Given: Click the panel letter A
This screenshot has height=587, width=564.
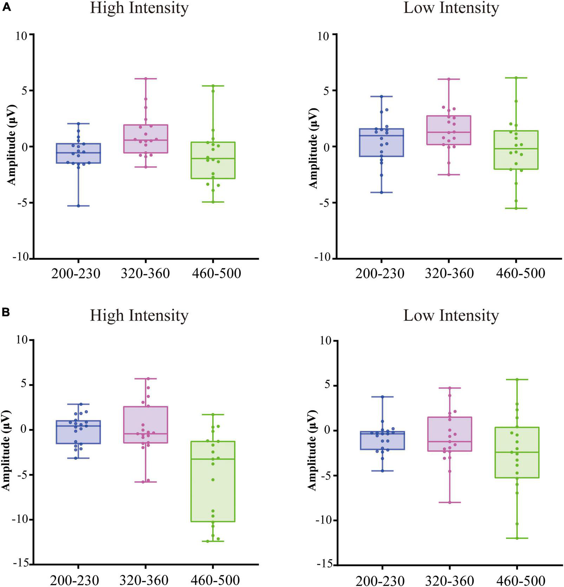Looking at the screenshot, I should pyautogui.click(x=7, y=8).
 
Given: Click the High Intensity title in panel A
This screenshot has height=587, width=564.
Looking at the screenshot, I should pyautogui.click(x=139, y=8).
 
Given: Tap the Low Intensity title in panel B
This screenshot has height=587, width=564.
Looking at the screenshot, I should pyautogui.click(x=451, y=315).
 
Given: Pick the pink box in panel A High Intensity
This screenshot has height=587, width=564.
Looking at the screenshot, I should pyautogui.click(x=145, y=139).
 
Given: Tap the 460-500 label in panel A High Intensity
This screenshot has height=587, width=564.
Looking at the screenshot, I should pyautogui.click(x=216, y=273).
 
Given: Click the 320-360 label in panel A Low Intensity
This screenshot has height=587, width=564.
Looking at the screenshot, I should pyautogui.click(x=449, y=273).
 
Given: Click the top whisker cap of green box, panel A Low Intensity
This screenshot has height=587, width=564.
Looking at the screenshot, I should pyautogui.click(x=517, y=78).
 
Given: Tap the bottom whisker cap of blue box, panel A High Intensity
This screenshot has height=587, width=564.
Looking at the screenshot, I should pyautogui.click(x=78, y=206).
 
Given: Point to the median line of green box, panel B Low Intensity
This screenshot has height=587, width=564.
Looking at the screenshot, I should pyautogui.click(x=517, y=452).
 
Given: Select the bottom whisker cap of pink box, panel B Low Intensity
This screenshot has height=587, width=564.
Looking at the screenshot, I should pyautogui.click(x=449, y=502).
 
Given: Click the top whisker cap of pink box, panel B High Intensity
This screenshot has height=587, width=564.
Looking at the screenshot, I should pyautogui.click(x=145, y=378).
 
